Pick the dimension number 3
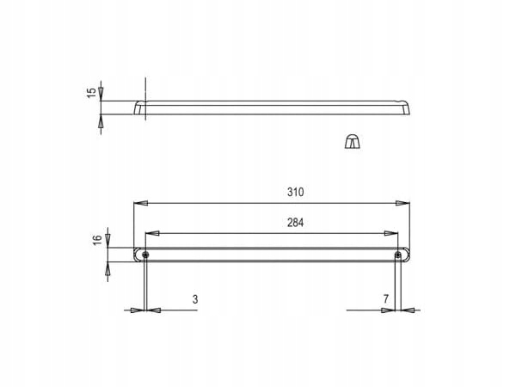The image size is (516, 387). point(195,299)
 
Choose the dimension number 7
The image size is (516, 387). point(387,299)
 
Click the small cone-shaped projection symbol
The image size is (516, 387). point(352,142)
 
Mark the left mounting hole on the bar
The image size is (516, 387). point(145,255)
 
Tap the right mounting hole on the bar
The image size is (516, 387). point(397,255)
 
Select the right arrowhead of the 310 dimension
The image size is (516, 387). point(403,203)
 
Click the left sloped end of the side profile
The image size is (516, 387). point(138,107)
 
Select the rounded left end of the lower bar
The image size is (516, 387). point(137,255)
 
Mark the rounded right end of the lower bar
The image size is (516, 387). point(408,255)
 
